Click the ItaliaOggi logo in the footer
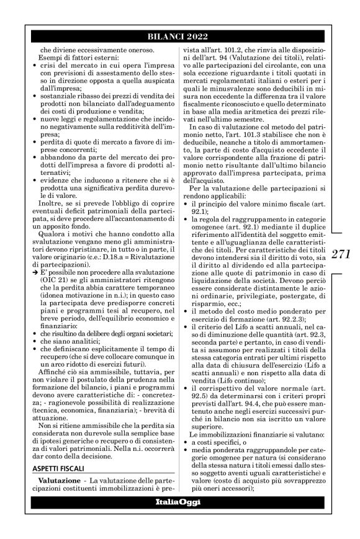[x=179, y=502]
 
